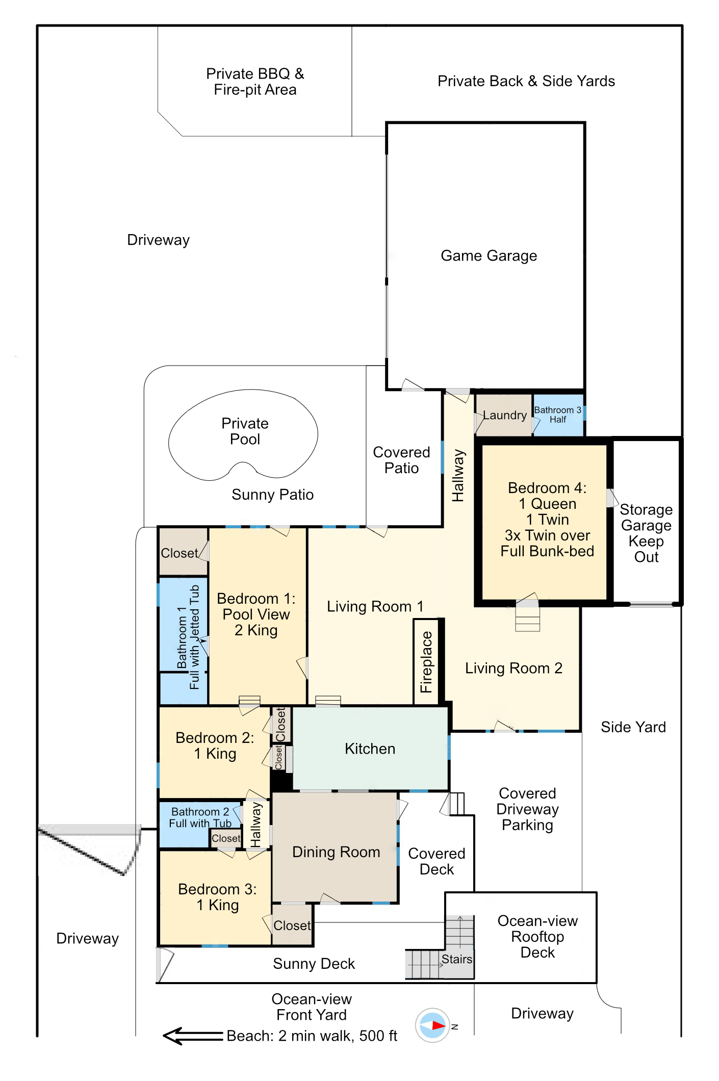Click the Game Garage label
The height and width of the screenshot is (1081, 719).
(x=489, y=255)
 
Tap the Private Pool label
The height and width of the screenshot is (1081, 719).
(x=245, y=431)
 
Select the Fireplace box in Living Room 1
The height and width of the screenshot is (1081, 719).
(x=426, y=662)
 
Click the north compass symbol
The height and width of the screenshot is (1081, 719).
(x=432, y=1025)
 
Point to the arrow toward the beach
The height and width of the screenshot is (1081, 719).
(x=193, y=1036)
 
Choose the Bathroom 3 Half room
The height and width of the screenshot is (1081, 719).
(x=558, y=415)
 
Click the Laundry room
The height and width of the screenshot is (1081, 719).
(x=504, y=415)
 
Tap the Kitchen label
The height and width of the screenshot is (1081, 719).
(x=370, y=749)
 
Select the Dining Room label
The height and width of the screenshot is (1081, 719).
(x=336, y=852)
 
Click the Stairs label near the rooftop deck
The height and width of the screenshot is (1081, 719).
(x=456, y=959)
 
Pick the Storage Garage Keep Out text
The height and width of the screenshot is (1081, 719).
(x=646, y=533)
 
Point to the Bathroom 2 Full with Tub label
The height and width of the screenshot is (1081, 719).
(x=200, y=817)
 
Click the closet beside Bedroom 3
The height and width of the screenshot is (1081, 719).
(x=292, y=925)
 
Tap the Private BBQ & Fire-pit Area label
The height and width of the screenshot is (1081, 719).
(x=255, y=82)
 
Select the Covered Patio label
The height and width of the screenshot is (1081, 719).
(x=401, y=460)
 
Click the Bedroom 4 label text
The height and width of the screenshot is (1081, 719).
(x=547, y=520)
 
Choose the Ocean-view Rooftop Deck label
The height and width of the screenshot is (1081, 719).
(x=537, y=936)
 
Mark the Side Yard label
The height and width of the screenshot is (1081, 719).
(x=633, y=727)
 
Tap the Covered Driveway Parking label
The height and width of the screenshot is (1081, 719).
(x=527, y=809)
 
